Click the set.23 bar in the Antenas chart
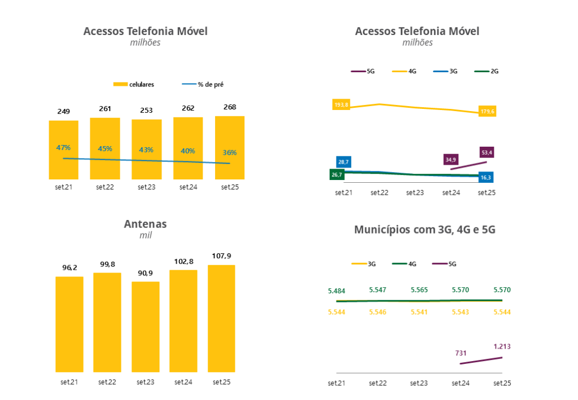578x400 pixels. click(x=146, y=327)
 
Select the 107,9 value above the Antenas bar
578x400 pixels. click(x=221, y=256)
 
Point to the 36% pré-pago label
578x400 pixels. click(x=230, y=152)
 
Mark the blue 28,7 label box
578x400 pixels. click(x=344, y=162)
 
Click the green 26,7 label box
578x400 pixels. click(x=337, y=175)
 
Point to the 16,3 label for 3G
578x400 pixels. click(x=485, y=178)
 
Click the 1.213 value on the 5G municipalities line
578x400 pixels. click(x=502, y=346)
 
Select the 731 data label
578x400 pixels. click(x=461, y=353)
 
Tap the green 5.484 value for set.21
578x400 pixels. click(x=336, y=291)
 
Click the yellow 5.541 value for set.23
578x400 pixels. click(x=419, y=312)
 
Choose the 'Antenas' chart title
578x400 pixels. click(x=146, y=224)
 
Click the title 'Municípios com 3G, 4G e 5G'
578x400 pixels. click(x=424, y=230)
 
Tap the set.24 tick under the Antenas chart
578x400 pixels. click(x=183, y=382)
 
